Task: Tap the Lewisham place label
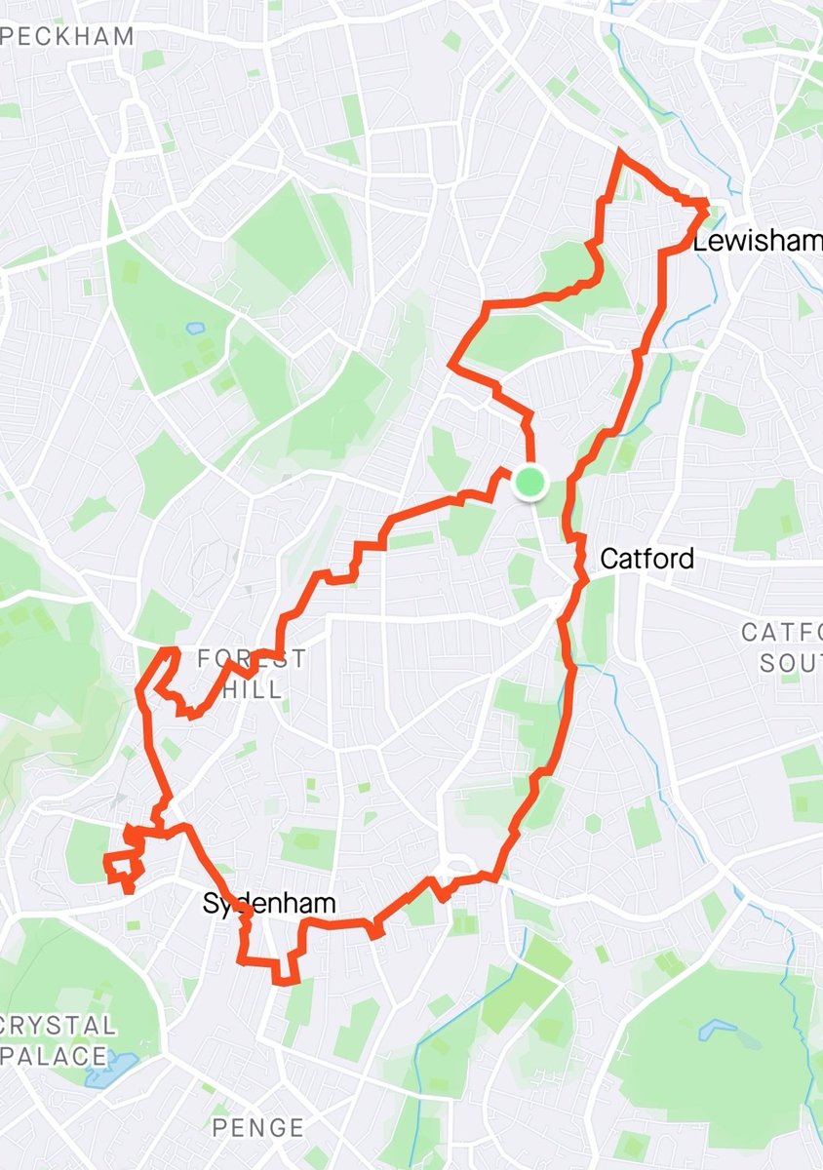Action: point(757,242)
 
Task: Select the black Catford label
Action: point(647,559)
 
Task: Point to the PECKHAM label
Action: point(67,37)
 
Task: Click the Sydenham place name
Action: point(269,904)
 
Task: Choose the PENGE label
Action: point(257,1128)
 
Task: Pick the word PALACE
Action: point(55,1055)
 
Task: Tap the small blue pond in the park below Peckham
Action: point(195,329)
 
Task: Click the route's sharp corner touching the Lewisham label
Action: point(706,203)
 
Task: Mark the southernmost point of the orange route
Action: point(286,983)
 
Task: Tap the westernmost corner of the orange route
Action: point(104,859)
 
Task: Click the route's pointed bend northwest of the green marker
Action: point(451,365)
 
